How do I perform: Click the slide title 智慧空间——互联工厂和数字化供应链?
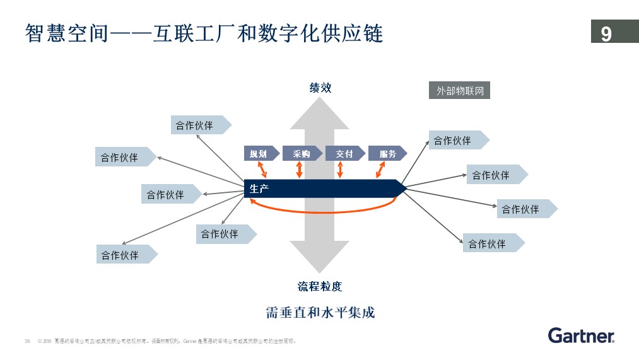(x=204, y=33)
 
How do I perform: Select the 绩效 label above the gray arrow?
(x=320, y=88)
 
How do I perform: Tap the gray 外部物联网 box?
(x=460, y=91)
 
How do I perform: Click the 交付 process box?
(x=344, y=153)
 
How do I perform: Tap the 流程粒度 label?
(x=320, y=286)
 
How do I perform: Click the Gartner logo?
(x=581, y=335)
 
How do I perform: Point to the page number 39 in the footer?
(x=27, y=341)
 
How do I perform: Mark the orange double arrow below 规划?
(x=264, y=169)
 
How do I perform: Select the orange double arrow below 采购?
(x=300, y=169)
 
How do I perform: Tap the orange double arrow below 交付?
(x=340, y=169)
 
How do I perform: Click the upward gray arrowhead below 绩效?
(x=320, y=113)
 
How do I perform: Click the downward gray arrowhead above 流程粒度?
(x=320, y=258)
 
